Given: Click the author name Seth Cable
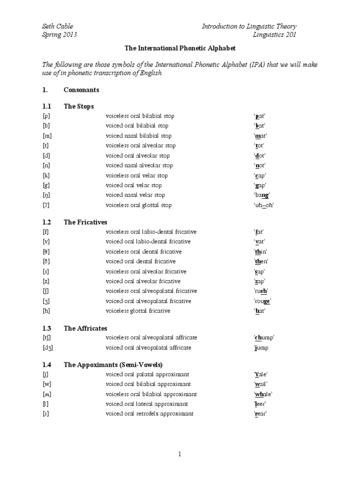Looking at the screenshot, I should point(57,26).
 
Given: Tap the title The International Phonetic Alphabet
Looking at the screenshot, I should point(180,48).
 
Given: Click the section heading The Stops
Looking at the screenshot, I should point(79,106).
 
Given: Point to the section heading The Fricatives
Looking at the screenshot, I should point(86,222).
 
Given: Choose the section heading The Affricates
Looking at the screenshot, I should point(86,328).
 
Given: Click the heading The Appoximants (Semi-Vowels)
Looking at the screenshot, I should point(113,364).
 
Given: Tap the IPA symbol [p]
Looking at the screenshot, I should point(46,116).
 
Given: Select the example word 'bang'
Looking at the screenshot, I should point(262,195).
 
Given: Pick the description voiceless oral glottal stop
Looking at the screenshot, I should point(139,205).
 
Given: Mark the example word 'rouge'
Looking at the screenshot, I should point(262,301).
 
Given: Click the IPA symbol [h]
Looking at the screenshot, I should point(46,311).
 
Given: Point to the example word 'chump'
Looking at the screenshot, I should point(264,337).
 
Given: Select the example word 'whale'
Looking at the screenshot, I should point(263,394).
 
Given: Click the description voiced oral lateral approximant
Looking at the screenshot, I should point(147,404).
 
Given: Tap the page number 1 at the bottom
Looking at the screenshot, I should point(180,454).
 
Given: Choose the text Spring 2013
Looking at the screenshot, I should point(60,35).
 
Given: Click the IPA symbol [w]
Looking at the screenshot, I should point(46,384).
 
